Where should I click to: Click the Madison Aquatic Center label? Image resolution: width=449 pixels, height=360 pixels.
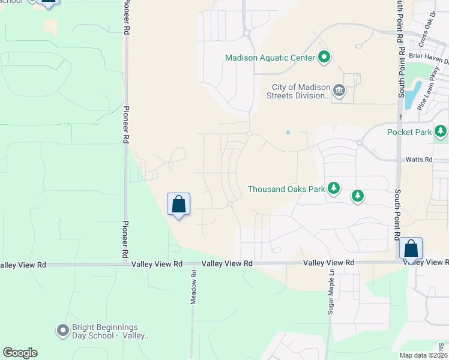(270, 58)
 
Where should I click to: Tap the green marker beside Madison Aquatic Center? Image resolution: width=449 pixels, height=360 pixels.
(324, 58)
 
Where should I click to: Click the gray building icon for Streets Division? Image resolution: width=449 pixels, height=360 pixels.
(339, 91)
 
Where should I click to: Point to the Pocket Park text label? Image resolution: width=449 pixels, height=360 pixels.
(409, 132)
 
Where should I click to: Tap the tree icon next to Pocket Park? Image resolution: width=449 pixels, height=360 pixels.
(441, 131)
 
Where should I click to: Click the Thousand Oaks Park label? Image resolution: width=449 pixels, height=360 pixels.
(286, 189)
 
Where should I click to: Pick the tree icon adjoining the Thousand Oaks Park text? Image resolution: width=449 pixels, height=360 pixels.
(334, 189)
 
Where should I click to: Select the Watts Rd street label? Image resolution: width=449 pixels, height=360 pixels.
(419, 160)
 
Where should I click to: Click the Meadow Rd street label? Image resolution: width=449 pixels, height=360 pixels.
(194, 290)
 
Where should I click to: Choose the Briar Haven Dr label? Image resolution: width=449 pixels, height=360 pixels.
(429, 60)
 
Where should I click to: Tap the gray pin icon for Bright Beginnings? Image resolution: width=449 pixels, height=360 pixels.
(62, 331)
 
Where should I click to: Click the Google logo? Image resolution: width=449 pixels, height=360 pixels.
(20, 353)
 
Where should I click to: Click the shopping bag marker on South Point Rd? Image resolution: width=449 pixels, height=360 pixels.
(411, 248)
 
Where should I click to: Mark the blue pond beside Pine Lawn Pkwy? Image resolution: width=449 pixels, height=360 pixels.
(412, 95)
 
